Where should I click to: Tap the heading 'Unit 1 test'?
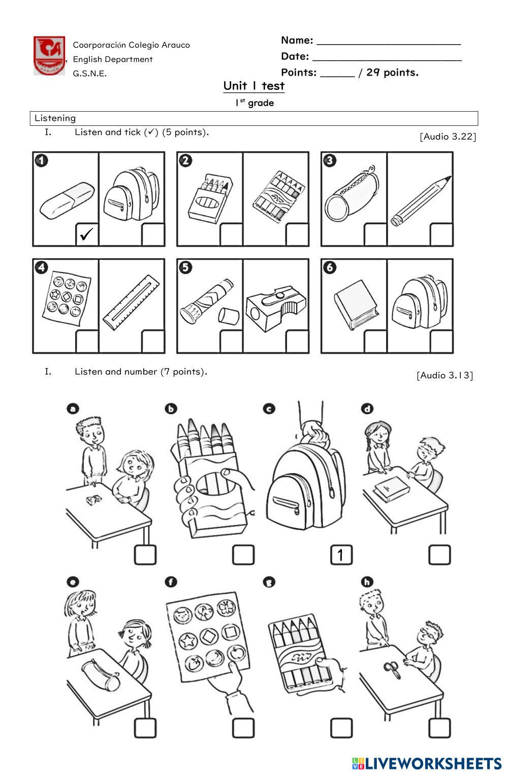(x=254, y=86)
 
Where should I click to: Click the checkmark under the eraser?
(x=87, y=234)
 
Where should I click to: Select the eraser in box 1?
(x=67, y=201)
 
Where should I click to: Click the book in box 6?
(x=355, y=304)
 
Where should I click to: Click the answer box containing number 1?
(x=341, y=555)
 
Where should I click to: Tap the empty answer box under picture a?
(x=145, y=555)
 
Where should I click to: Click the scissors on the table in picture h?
(x=393, y=670)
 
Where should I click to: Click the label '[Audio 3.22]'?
(x=448, y=137)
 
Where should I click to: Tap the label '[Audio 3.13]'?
(x=444, y=376)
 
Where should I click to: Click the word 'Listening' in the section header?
(x=55, y=118)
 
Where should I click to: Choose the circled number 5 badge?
(x=186, y=267)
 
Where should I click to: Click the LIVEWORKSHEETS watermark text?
(x=433, y=763)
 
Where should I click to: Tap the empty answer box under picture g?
(x=341, y=728)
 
